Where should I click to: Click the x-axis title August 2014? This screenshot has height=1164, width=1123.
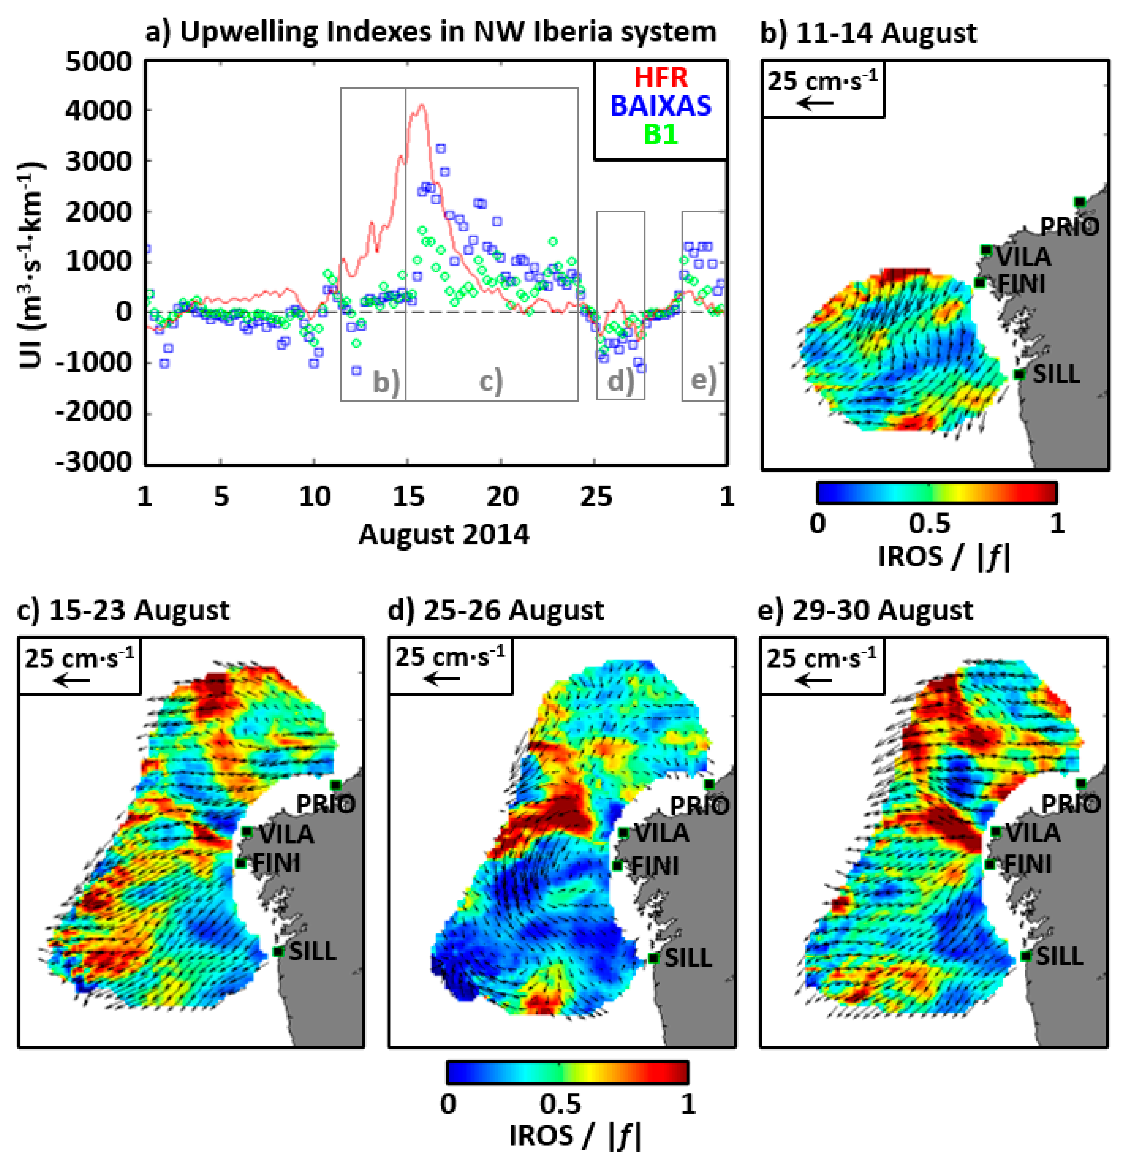click(x=443, y=534)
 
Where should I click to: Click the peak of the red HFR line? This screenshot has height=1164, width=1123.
click(x=421, y=105)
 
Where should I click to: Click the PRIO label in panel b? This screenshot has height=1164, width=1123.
click(x=1069, y=226)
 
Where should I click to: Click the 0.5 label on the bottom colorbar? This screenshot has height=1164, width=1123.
click(x=560, y=1103)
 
